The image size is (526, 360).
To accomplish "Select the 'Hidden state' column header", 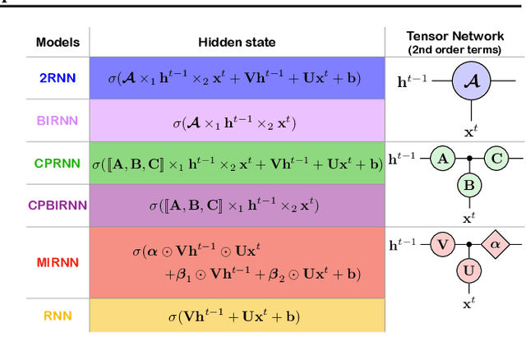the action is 237,42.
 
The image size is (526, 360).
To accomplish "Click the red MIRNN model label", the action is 57,262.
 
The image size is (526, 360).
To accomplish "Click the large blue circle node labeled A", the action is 468,81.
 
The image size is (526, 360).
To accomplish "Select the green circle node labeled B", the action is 468,185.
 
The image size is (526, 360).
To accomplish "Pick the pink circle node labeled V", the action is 443,243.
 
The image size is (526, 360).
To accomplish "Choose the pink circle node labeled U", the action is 468,270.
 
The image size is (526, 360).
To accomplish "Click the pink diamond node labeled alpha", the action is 496,243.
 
